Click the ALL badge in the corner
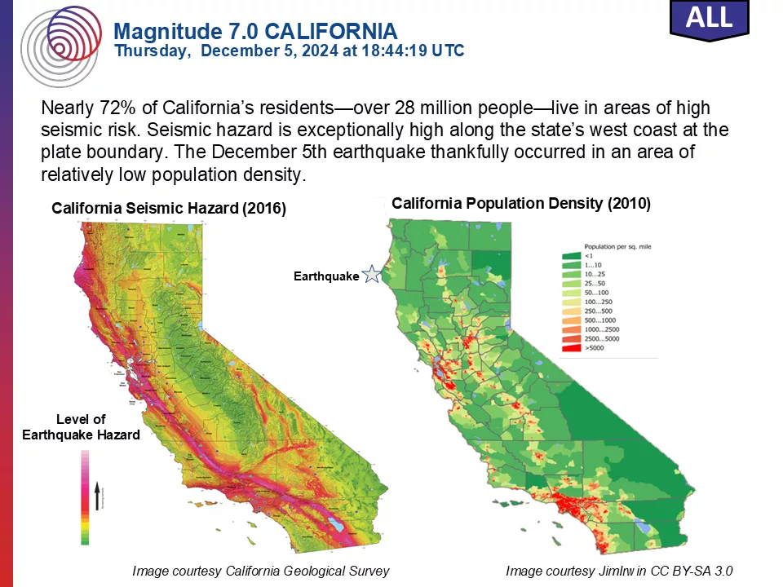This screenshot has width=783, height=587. (x=708, y=18)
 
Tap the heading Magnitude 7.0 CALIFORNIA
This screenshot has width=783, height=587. (x=255, y=32)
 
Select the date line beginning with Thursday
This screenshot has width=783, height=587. (x=289, y=51)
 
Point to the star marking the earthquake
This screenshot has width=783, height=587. (x=371, y=275)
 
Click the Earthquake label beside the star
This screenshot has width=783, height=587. (x=325, y=276)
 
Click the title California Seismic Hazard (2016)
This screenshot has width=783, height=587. (x=169, y=209)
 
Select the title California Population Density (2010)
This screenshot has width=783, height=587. (x=520, y=204)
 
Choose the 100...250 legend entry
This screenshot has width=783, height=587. (x=599, y=302)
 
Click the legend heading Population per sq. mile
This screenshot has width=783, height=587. (x=617, y=245)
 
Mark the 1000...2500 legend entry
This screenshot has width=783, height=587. (x=602, y=329)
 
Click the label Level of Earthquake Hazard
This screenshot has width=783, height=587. (x=81, y=427)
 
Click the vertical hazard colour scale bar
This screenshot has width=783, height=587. (x=84, y=497)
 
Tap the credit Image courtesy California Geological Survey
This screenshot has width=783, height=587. (x=260, y=571)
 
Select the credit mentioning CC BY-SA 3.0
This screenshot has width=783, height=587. (x=625, y=571)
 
